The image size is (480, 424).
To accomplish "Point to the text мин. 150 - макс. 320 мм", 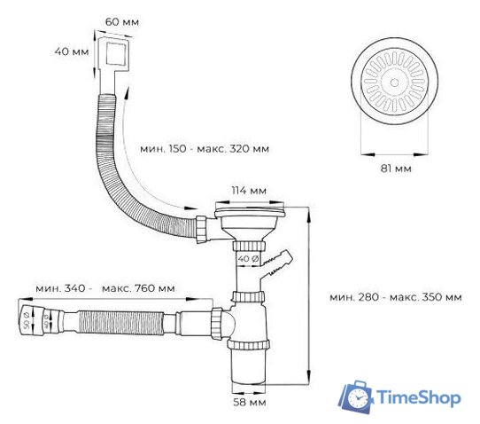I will click(205, 149).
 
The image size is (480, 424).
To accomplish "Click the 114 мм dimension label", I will click(250, 191).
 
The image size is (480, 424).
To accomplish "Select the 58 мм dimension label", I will click(250, 402).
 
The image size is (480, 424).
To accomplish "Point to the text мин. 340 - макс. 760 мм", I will click(105, 289).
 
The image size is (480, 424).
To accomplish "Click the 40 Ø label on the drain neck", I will click(251, 258).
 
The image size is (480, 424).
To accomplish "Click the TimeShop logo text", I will click(418, 397).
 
